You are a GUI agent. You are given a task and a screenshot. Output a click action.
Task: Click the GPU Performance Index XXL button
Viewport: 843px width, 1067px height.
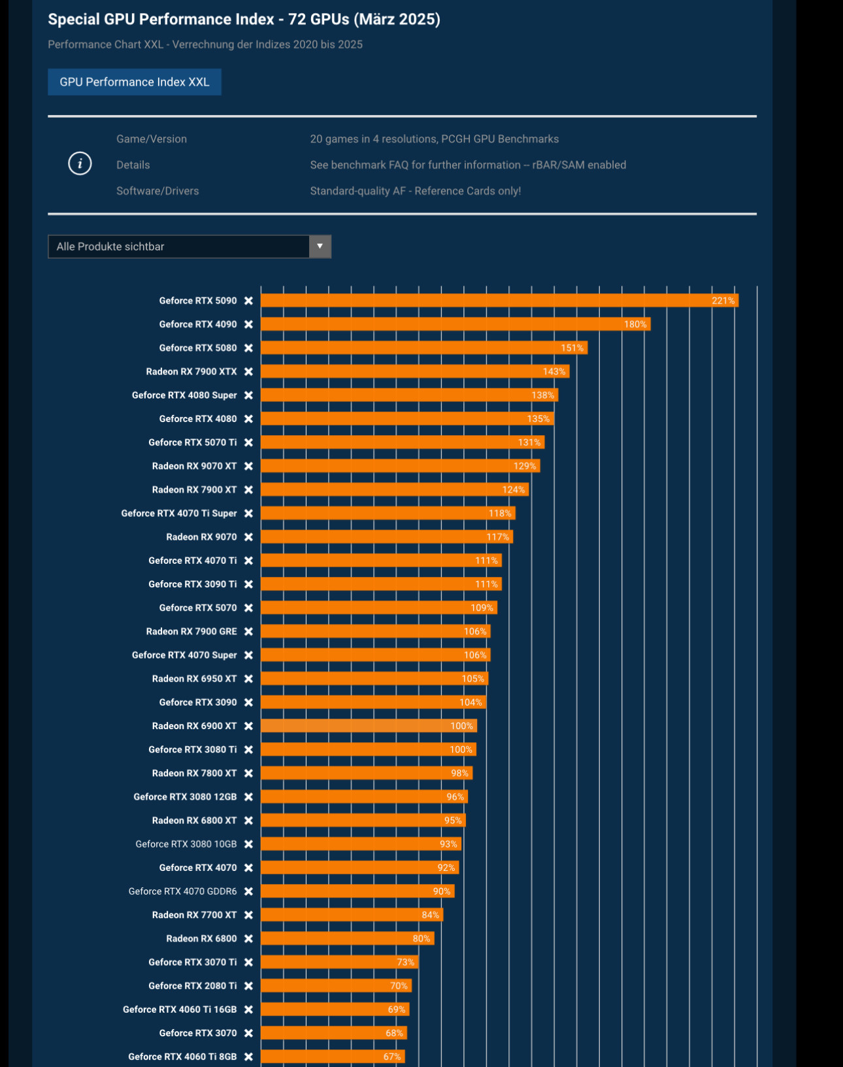pyautogui.click(x=134, y=82)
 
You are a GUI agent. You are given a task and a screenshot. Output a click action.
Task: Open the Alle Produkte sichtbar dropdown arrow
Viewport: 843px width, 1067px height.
pyautogui.click(x=320, y=246)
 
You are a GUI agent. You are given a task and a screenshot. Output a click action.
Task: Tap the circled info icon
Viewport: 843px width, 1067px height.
pyautogui.click(x=80, y=163)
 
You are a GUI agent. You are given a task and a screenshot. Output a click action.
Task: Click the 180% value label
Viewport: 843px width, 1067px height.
pyautogui.click(x=635, y=325)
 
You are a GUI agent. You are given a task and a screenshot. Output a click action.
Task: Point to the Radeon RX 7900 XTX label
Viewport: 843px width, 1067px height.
pyautogui.click(x=191, y=372)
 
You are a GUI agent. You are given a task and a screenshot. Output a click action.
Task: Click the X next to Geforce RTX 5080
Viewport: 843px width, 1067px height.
pyautogui.click(x=248, y=348)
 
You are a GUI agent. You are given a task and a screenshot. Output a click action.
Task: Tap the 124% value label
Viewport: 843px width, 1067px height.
pyautogui.click(x=514, y=490)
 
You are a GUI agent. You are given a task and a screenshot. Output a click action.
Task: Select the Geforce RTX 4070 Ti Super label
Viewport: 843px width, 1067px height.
pyautogui.click(x=178, y=514)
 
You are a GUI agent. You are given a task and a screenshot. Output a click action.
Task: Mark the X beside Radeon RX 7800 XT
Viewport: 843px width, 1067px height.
pyautogui.click(x=248, y=774)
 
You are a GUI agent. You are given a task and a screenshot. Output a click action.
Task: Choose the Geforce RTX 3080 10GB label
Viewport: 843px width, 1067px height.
pyautogui.click(x=186, y=844)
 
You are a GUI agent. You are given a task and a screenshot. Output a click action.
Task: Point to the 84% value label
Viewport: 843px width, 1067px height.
pyautogui.click(x=430, y=915)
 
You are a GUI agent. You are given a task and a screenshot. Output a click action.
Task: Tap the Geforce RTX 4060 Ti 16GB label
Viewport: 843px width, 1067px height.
pyautogui.click(x=179, y=1010)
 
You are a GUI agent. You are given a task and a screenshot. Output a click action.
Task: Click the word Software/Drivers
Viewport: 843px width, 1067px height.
pyautogui.click(x=157, y=191)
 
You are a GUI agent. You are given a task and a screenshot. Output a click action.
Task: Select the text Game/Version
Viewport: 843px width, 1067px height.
pyautogui.click(x=152, y=139)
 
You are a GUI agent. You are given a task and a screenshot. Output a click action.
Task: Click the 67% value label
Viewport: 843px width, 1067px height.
pyautogui.click(x=392, y=1057)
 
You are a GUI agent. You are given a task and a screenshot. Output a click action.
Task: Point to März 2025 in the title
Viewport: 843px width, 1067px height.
pyautogui.click(x=397, y=20)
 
